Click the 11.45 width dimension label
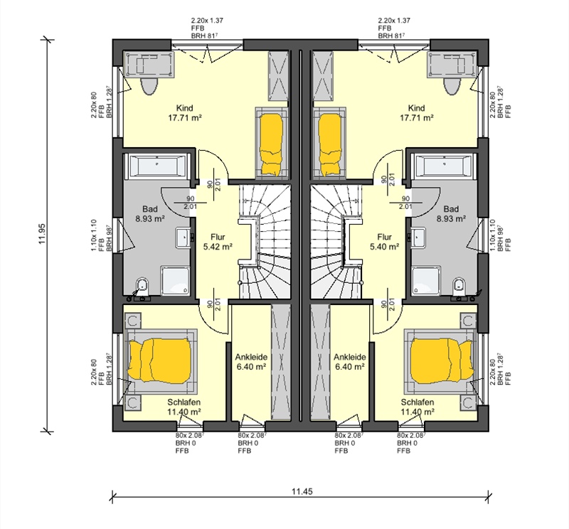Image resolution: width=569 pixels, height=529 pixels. tap(302, 491)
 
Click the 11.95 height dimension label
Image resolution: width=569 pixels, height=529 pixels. tap(42, 234)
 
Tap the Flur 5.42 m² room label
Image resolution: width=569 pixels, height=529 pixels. tap(218, 242)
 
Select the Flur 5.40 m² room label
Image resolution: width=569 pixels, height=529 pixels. tap(384, 242)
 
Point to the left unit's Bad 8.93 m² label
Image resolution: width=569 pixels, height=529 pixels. tap(150, 214)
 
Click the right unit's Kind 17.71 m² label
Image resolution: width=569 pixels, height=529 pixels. tap(417, 113)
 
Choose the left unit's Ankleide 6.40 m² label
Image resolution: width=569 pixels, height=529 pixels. tap(251, 362)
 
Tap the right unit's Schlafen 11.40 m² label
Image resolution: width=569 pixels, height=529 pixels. tap(418, 407)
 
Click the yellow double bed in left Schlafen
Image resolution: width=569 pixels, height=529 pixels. tap(159, 360)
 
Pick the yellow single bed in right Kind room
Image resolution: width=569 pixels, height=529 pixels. tap(330, 145)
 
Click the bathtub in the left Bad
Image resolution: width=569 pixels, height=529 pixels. tap(157, 166)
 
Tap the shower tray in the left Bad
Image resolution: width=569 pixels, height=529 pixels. tap(175, 280)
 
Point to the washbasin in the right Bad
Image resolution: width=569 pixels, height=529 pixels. tap(419, 238)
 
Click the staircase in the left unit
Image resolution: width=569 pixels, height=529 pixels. tap(265, 242)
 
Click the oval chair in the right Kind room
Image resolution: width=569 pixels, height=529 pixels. tap(452, 86)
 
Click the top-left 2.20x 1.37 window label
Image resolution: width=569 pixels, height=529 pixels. tap(207, 21)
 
